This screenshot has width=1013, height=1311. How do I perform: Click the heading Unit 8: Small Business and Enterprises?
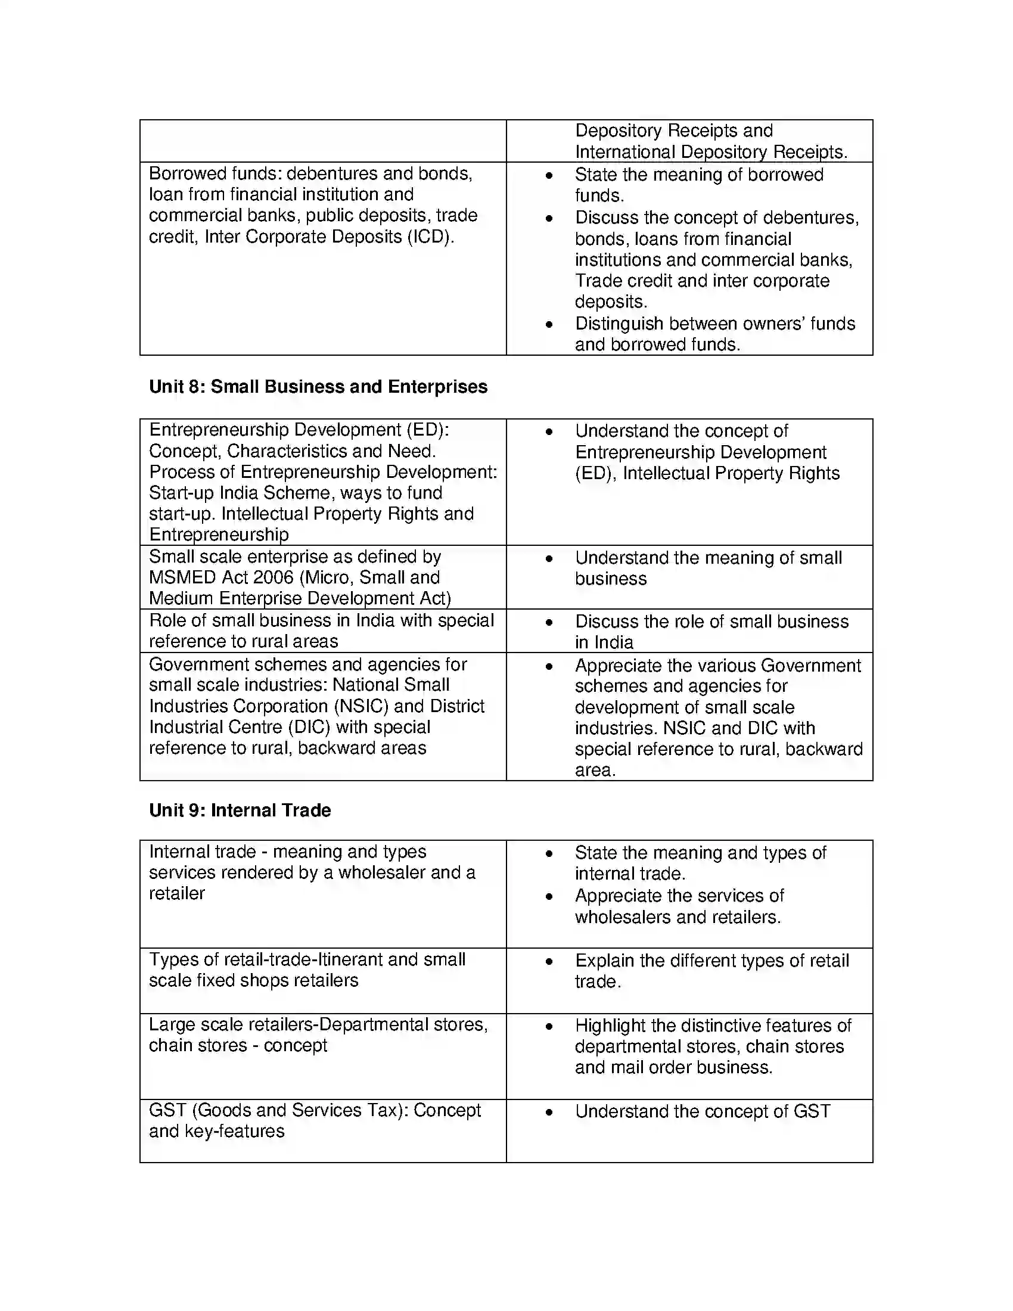318,387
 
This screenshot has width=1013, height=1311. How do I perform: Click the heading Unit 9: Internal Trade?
240,810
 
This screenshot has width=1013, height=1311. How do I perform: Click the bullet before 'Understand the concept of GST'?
548,1113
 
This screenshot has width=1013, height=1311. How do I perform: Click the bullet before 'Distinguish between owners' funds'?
548,325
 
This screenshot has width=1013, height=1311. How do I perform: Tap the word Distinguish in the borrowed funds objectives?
619,324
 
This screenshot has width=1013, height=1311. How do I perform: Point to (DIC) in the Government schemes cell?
309,727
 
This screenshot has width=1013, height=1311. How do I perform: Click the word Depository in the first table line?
618,131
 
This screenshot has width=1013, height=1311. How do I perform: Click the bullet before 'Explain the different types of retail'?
548,962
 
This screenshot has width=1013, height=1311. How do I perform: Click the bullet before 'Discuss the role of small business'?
548,623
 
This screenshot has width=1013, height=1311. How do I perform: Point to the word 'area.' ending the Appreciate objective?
595,770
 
